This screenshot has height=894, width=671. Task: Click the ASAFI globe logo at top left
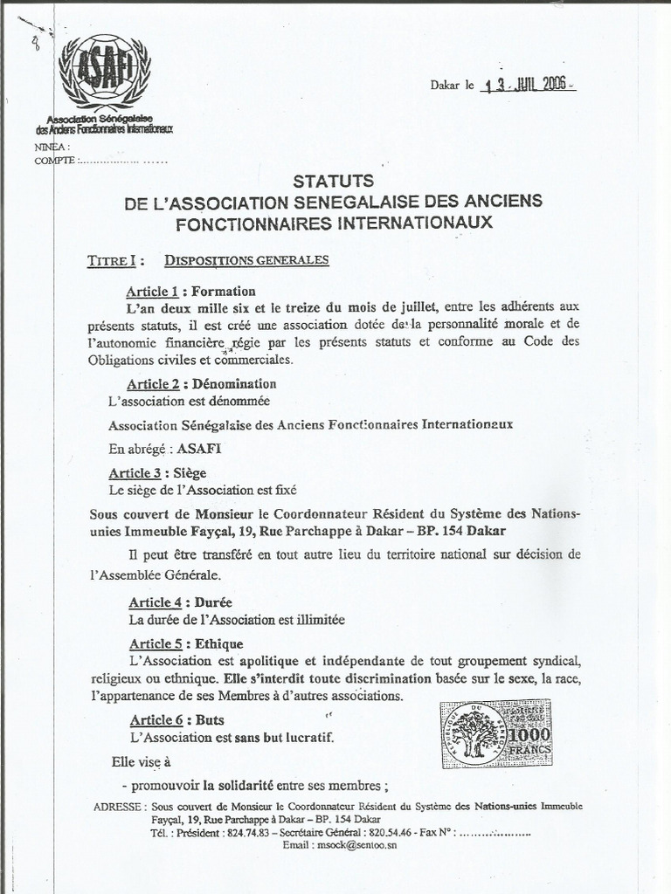pos(104,71)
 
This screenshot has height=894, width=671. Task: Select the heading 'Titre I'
pos(109,260)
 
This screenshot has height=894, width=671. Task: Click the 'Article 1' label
pos(152,291)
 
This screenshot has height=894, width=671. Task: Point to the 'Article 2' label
pos(153,383)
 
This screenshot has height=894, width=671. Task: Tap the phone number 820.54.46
pos(392,833)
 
